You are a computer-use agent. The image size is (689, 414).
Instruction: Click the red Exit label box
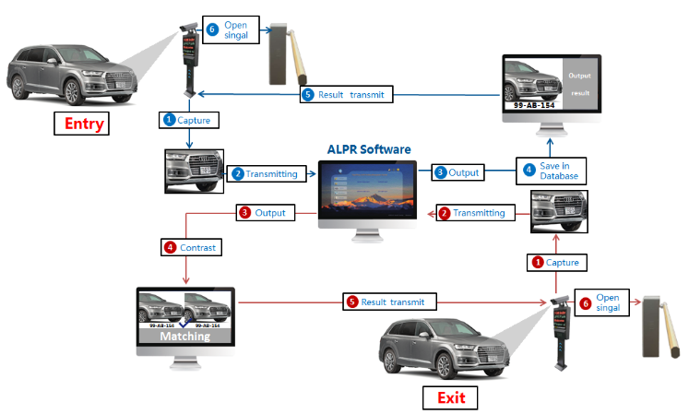(450, 397)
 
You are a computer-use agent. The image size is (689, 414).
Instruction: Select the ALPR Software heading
(369, 149)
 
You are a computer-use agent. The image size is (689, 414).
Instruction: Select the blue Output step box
(458, 172)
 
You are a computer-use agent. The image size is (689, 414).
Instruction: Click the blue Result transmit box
(347, 94)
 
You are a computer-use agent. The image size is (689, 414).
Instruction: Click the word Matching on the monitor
(185, 336)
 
